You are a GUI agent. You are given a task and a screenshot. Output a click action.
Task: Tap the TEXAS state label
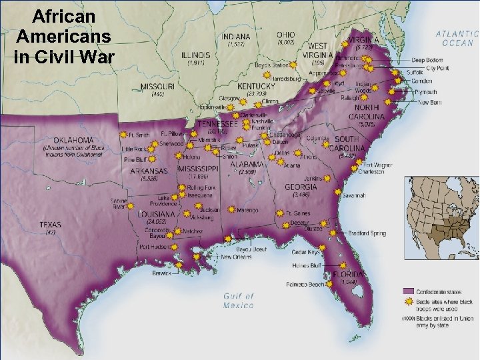(x=51, y=225)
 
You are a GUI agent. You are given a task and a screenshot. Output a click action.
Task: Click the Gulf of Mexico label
(x=239, y=301)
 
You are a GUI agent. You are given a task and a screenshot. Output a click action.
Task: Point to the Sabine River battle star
(x=131, y=206)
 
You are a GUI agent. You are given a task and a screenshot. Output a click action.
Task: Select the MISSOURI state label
(x=157, y=87)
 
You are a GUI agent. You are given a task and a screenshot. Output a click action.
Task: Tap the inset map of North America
(x=443, y=225)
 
